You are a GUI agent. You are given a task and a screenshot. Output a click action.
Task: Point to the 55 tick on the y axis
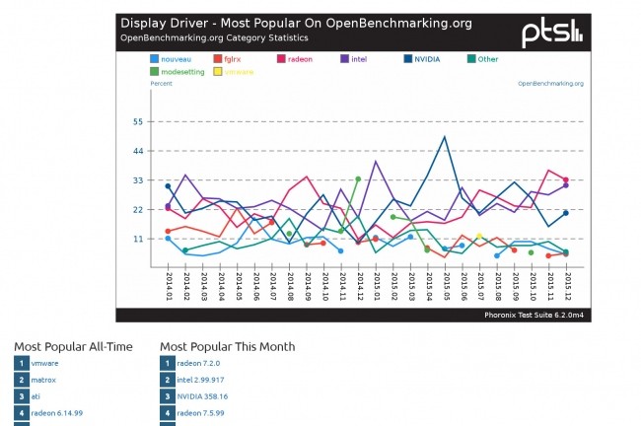[136, 122]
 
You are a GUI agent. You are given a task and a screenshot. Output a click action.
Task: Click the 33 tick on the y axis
[136, 180]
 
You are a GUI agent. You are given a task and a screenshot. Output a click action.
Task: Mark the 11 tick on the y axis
[136, 239]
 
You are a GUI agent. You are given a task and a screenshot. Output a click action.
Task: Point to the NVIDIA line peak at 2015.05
[445, 137]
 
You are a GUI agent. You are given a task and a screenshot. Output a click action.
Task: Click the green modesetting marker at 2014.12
[357, 179]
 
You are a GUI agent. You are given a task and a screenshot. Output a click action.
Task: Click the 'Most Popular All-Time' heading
[73, 347]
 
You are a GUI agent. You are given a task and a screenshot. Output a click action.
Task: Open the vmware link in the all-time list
[45, 363]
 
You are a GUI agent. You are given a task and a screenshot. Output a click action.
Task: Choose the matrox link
[43, 380]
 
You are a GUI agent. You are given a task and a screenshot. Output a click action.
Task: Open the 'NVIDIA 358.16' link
[204, 395]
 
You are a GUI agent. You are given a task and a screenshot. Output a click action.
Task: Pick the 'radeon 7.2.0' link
[197, 363]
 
